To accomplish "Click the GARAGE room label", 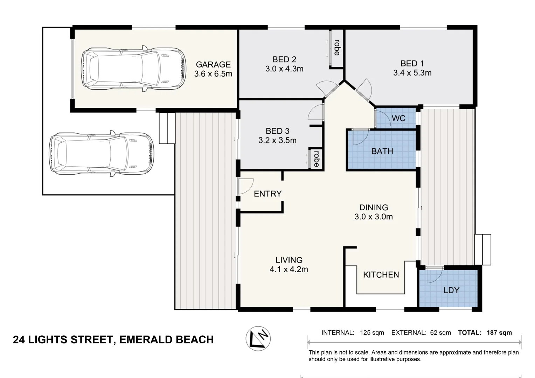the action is tap(213, 64).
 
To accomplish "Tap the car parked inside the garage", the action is tap(133, 69).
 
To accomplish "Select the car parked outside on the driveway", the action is tap(102, 154).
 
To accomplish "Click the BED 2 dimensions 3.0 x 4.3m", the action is tap(284, 69).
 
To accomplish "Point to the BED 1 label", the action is tap(412, 63).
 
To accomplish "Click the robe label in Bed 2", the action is tap(336, 48).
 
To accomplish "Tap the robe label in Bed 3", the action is tap(316, 159).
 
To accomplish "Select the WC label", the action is tap(398, 118).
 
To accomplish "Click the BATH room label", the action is tap(382, 151).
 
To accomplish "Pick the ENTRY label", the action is tap(268, 194).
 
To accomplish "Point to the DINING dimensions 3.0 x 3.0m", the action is tap(374, 217).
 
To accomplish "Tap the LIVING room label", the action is tap(289, 260).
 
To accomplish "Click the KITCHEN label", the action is tap(381, 275).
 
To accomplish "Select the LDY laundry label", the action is tap(451, 290).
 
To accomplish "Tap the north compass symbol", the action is tap(258, 338).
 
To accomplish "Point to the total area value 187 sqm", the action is tap(499, 332).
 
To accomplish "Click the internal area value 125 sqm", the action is tap(372, 332).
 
